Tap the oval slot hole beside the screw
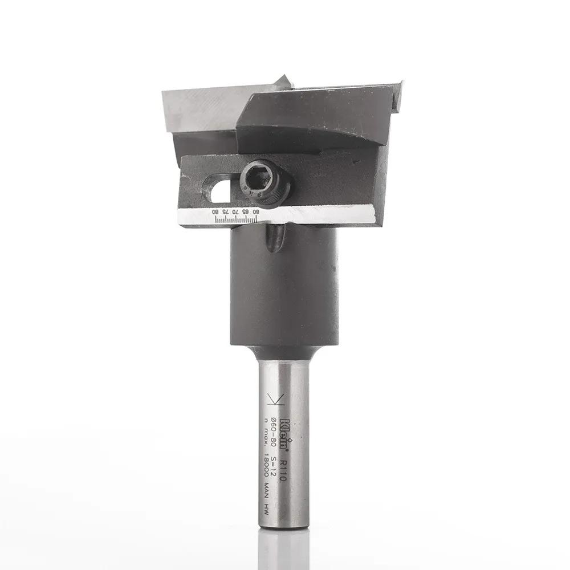(x=221, y=191)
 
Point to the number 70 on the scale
(x=235, y=212)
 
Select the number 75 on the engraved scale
(x=226, y=212)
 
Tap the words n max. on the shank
(x=266, y=433)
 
